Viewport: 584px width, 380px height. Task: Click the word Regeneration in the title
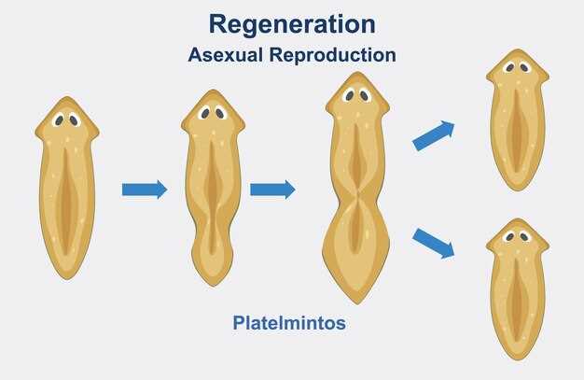[292, 24]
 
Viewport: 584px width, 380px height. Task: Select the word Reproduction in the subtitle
[333, 56]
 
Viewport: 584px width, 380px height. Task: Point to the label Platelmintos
[289, 322]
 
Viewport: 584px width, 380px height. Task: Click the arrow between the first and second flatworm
[145, 190]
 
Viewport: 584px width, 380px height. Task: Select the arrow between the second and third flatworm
[272, 190]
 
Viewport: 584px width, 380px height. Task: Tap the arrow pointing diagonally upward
[434, 135]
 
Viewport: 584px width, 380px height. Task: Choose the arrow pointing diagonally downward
[434, 244]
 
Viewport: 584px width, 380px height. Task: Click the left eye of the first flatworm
[59, 120]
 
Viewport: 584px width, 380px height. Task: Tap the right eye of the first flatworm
[74, 120]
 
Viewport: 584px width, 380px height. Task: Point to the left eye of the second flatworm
[205, 113]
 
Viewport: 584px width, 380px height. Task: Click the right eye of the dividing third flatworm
[364, 96]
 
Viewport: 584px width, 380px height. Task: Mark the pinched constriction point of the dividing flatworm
[357, 195]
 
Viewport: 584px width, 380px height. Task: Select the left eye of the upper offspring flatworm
[510, 67]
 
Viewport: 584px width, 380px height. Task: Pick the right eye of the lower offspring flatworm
[524, 236]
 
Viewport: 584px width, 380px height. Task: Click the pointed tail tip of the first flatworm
[67, 278]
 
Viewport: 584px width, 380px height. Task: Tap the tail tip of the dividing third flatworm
[357, 303]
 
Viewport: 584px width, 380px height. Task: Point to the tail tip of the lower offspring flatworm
[518, 359]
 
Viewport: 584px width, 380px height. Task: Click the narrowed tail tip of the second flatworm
[213, 286]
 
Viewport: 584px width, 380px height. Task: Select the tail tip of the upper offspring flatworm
[518, 190]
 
